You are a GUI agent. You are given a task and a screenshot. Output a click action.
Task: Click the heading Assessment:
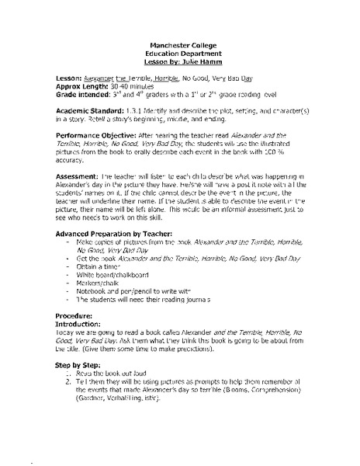pos(78,200)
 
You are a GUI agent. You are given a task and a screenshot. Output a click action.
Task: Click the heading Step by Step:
pos(78,382)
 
